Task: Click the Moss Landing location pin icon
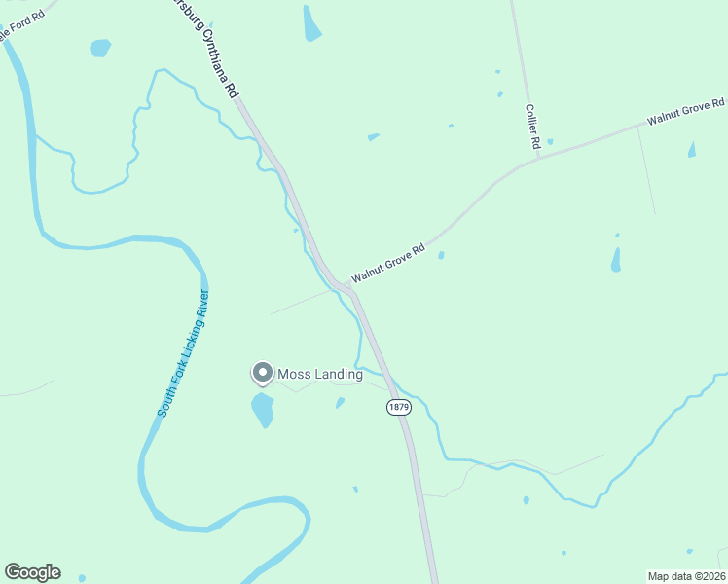click(262, 373)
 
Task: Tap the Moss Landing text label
click(320, 374)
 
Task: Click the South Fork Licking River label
click(184, 354)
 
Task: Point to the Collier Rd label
click(532, 127)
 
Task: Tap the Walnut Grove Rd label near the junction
click(389, 264)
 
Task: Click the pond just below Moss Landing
click(263, 410)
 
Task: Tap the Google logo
click(32, 572)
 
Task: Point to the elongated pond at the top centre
click(311, 23)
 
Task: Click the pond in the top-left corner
click(99, 47)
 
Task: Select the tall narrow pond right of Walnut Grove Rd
click(615, 259)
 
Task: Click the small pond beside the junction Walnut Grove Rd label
click(441, 256)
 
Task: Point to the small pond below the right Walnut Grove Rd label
click(692, 150)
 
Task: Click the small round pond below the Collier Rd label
click(550, 142)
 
